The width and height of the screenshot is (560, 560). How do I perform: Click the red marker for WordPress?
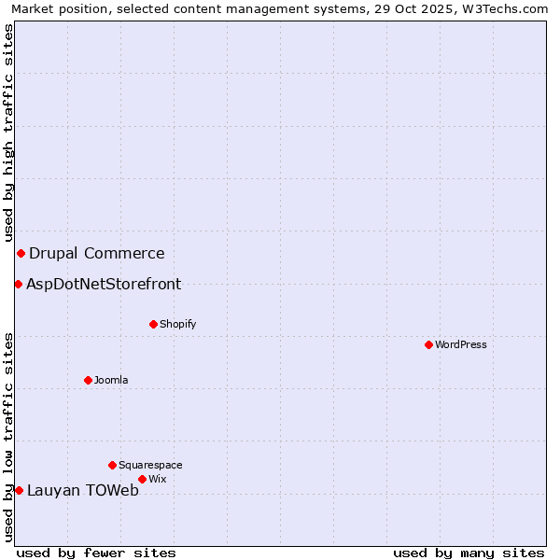(428, 344)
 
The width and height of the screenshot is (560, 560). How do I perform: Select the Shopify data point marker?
(154, 324)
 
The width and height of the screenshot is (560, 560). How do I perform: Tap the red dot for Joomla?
(89, 380)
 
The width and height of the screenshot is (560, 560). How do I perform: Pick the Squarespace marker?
(113, 465)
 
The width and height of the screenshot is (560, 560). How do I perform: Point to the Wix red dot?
(142, 479)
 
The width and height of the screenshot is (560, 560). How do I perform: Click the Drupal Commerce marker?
(21, 253)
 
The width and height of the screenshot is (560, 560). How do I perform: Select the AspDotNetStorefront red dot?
(18, 284)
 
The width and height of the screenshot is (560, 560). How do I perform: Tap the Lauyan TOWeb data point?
(19, 490)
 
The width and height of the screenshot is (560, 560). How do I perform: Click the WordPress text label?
(461, 344)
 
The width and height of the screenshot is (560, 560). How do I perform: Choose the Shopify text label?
(177, 324)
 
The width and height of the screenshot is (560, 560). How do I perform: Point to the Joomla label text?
(111, 380)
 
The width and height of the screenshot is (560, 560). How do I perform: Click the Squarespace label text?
(150, 465)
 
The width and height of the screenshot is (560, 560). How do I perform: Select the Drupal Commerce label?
(97, 253)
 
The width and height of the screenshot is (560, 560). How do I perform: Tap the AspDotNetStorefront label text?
(104, 284)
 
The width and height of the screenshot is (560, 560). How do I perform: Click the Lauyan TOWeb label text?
(83, 491)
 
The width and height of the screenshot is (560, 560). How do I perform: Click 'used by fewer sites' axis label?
(96, 553)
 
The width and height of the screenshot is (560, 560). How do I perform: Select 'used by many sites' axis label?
(469, 553)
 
